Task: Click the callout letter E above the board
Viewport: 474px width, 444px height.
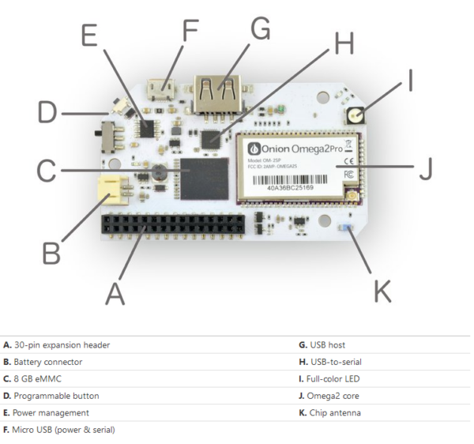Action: pos(89,36)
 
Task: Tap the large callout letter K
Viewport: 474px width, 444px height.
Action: pos(382,291)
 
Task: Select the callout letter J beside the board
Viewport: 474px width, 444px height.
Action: pos(427,168)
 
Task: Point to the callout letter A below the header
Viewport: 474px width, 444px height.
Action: pos(115,293)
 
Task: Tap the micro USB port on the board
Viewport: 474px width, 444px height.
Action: pos(160,89)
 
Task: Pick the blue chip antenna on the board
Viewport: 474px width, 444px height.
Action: pos(346,227)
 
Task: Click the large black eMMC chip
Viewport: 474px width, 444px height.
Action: pos(205,179)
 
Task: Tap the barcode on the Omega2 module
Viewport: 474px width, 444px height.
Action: pos(290,180)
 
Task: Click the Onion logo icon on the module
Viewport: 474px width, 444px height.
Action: pos(254,149)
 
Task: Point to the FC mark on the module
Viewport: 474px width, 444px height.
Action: pos(349,174)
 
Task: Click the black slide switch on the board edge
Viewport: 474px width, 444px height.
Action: pos(104,137)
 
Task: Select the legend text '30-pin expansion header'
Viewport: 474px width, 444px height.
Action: pos(62,345)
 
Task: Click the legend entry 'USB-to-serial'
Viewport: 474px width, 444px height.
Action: pos(336,362)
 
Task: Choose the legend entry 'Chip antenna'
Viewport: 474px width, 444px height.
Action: pos(335,412)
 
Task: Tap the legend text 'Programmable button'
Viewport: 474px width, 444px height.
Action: pos(56,396)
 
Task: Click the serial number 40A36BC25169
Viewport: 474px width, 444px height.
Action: pos(290,188)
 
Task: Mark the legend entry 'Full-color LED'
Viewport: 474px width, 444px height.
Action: pos(333,378)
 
